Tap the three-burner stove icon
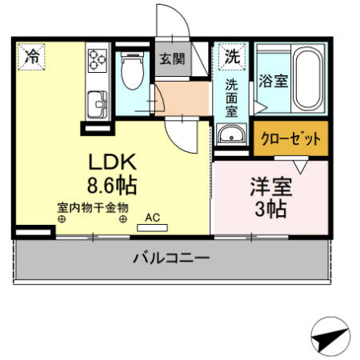coord(98,61)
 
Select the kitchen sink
coord(98,105)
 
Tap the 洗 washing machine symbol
coord(230,57)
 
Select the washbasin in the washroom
coord(231,134)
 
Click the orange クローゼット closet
coord(290,137)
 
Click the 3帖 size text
coord(270,210)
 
